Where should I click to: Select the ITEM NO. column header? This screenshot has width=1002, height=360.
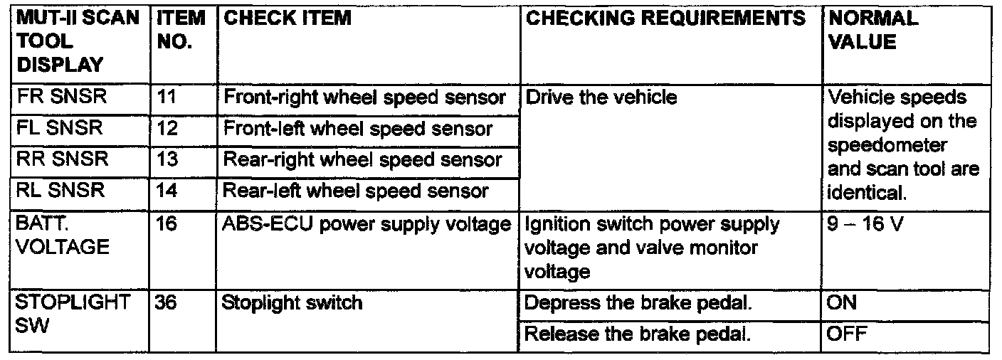(181, 30)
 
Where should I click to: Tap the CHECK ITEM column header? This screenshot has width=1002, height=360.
(288, 18)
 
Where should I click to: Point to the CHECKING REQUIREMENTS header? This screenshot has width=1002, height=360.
(665, 18)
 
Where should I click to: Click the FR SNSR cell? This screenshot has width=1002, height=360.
(61, 96)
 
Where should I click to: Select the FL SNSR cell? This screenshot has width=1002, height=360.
(60, 127)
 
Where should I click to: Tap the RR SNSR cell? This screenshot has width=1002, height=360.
(62, 159)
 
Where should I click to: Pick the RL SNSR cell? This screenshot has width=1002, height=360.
(60, 190)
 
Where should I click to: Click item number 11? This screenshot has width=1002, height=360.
(167, 97)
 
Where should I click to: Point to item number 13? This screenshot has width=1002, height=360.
(167, 159)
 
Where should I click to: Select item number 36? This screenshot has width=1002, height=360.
(166, 303)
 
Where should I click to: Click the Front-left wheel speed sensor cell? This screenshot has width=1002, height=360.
(357, 129)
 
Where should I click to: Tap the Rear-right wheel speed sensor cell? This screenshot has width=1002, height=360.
(362, 160)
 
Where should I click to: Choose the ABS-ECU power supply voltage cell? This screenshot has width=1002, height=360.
(366, 225)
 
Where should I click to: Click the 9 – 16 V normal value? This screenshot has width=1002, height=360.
(865, 223)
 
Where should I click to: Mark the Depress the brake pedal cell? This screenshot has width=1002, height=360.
(638, 303)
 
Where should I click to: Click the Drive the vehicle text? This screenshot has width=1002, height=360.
(601, 97)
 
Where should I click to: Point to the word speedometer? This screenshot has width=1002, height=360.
(887, 146)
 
